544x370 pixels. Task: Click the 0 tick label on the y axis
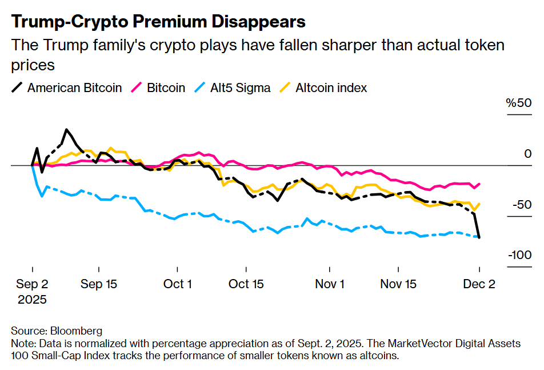528,154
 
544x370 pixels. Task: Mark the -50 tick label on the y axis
521,205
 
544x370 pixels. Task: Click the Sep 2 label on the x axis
33,284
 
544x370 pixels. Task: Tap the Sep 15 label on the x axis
99,284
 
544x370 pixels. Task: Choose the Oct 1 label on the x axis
177,284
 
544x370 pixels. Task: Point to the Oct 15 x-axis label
246,284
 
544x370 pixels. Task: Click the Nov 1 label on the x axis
330,284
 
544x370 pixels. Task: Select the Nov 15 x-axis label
398,284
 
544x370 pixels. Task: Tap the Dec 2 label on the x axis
479,284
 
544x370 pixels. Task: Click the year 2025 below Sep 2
33,299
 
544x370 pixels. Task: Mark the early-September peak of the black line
67,130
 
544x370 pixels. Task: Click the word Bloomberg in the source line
76,331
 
